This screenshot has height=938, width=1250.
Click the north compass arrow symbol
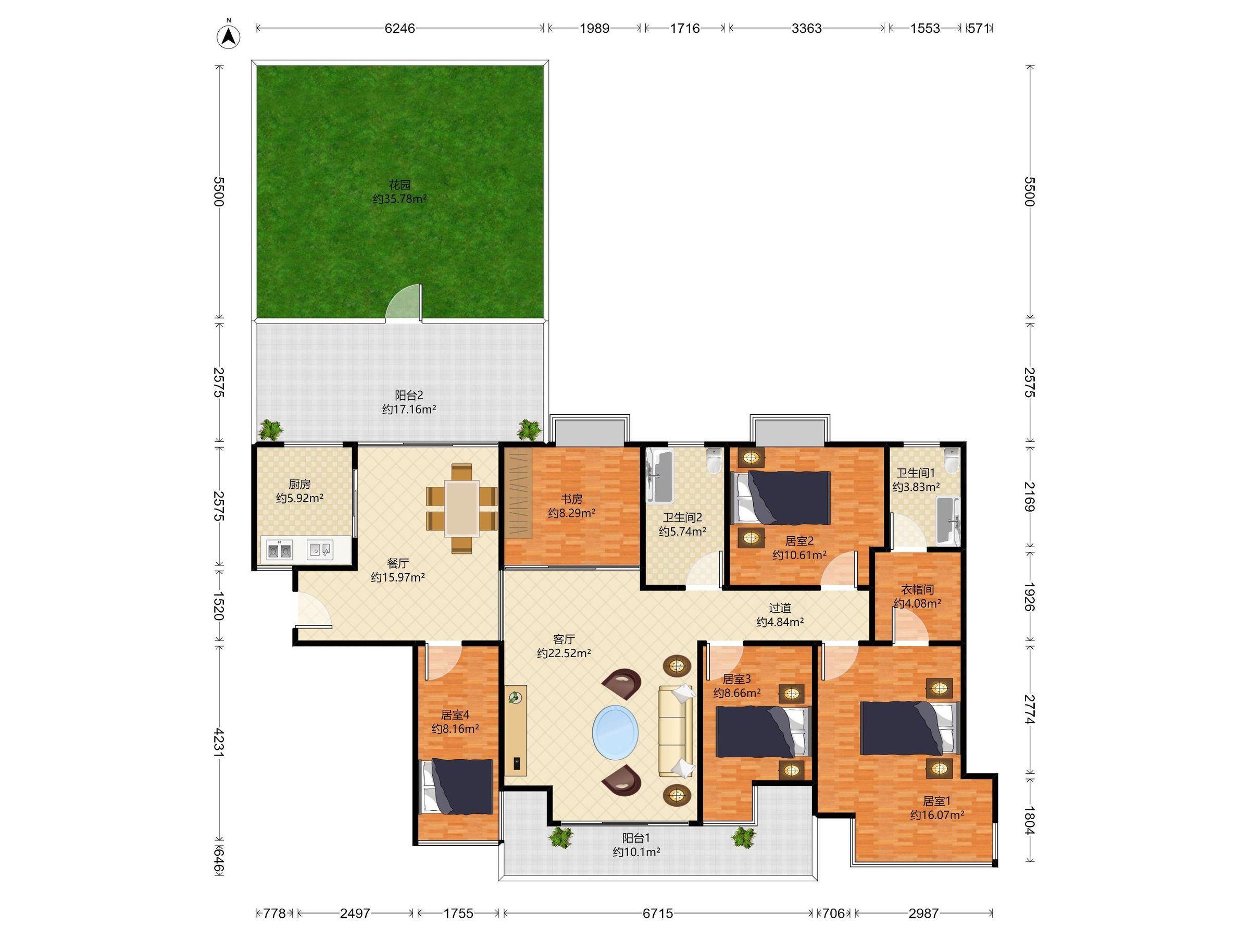point(228,36)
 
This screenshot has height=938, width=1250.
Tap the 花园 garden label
point(399,185)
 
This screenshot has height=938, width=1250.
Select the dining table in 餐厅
point(461,508)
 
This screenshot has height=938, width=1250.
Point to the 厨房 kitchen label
point(299,485)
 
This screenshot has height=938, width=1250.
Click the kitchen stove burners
point(279,550)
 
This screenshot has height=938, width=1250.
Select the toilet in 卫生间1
point(952,461)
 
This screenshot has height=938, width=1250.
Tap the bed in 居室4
point(457,786)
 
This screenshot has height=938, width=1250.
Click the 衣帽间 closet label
point(917,590)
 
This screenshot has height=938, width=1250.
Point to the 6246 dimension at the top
point(400,28)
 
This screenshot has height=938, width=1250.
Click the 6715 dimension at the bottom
point(658,913)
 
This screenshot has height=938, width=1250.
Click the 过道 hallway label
point(780,608)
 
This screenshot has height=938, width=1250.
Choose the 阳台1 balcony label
point(636,838)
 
